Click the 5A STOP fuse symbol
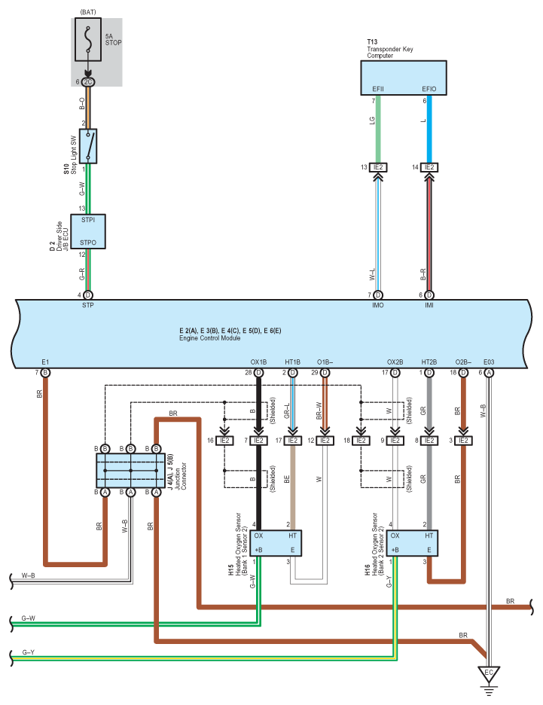tap(90, 40)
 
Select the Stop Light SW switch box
tap(90, 146)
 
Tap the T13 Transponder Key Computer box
tap(404, 78)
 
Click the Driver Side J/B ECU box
tap(89, 232)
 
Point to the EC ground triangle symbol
tap(488, 672)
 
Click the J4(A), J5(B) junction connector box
tap(131, 471)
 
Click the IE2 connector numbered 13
tap(378, 167)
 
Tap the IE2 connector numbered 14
tap(429, 167)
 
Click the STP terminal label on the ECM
tap(87, 305)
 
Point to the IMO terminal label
tap(377, 305)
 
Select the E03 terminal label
tap(490, 360)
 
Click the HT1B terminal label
tap(292, 360)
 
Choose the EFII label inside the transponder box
tap(378, 89)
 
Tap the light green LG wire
tap(378, 128)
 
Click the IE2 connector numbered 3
tap(462, 440)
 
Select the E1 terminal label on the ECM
tap(45, 360)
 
